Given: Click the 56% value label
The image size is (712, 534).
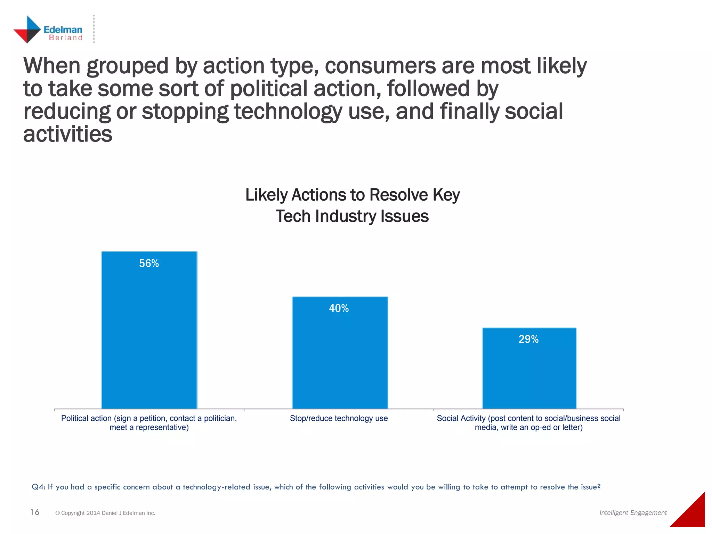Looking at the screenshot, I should pyautogui.click(x=149, y=263).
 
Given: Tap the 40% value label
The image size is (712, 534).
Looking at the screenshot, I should pyautogui.click(x=339, y=308).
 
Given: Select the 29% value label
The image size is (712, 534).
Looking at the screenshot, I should pyautogui.click(x=528, y=339).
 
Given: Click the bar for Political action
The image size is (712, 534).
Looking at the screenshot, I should pyautogui.click(x=149, y=341).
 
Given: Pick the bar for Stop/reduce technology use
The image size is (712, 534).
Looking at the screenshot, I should pyautogui.click(x=340, y=362).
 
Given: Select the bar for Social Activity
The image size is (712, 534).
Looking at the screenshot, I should pyautogui.click(x=529, y=375).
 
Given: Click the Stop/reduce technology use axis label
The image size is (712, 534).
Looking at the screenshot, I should pyautogui.click(x=339, y=418).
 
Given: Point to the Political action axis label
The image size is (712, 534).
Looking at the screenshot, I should pyautogui.click(x=149, y=423).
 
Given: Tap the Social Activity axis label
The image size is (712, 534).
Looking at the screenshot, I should pyautogui.click(x=528, y=423).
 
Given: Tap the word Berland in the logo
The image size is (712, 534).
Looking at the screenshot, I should pyautogui.click(x=65, y=38).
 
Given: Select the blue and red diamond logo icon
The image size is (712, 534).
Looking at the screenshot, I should pyautogui.click(x=27, y=30).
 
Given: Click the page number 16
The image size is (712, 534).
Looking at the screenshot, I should pyautogui.click(x=35, y=512).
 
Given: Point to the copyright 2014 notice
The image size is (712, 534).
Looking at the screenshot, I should pyautogui.click(x=105, y=513).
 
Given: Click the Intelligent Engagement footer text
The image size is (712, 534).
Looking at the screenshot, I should pyautogui.click(x=633, y=513).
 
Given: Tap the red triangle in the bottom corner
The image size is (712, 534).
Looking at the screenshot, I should pyautogui.click(x=692, y=515).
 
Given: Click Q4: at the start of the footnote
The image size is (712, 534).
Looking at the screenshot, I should pyautogui.click(x=38, y=487).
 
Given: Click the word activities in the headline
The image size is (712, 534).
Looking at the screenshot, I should pyautogui.click(x=68, y=134).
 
